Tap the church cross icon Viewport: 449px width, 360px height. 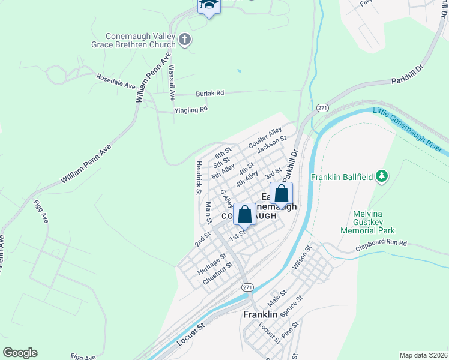coord(185,40)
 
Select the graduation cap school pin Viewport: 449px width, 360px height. coord(209,5)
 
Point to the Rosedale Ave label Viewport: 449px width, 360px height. coord(116,82)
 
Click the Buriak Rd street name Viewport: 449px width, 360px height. coord(209,94)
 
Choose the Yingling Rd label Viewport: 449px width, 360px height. coord(191,110)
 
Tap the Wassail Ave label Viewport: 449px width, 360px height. coord(172,82)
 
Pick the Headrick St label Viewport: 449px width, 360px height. coord(197,177)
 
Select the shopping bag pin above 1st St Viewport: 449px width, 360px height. coord(245,214)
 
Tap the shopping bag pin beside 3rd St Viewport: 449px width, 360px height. coord(281,193)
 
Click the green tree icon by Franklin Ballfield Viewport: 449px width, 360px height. coord(381,176)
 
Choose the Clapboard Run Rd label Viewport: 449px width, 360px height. coord(381,243)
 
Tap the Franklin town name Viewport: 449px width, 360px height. coord(260,314)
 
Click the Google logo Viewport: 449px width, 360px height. coord(20,353)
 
